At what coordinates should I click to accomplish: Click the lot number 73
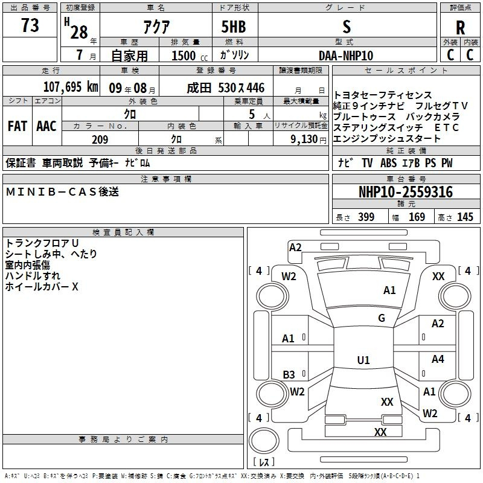point(30,25)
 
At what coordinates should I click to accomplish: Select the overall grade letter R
point(460,28)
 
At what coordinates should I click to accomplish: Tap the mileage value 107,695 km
point(71,87)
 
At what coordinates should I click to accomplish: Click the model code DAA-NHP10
point(346,56)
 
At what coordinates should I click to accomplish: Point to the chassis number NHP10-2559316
point(406,192)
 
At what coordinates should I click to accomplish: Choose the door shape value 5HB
point(234,27)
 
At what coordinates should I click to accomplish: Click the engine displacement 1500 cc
point(190,56)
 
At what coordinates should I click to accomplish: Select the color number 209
point(100,139)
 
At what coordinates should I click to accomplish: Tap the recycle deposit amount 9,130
point(304,139)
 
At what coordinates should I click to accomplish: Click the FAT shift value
point(18,126)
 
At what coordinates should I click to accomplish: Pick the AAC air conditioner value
point(46,126)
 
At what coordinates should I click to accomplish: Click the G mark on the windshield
point(382,318)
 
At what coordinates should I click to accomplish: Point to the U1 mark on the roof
point(363,360)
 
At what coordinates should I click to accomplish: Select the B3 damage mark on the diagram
point(289,375)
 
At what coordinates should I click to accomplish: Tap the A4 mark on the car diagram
point(438,359)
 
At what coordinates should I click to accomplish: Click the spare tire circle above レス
point(264,441)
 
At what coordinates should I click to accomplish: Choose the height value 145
point(465,217)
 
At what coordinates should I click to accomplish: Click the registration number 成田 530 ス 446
point(225,88)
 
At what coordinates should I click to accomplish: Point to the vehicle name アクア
point(156,27)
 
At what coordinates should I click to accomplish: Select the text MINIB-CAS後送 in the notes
point(62,192)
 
